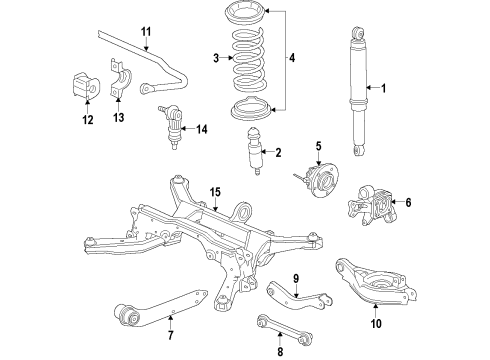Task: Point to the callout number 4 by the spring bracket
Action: click(x=291, y=60)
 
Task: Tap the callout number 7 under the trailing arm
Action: click(x=169, y=334)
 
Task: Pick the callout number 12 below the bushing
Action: click(x=88, y=120)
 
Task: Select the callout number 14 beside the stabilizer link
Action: click(x=202, y=129)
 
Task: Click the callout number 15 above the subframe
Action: click(x=213, y=191)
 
